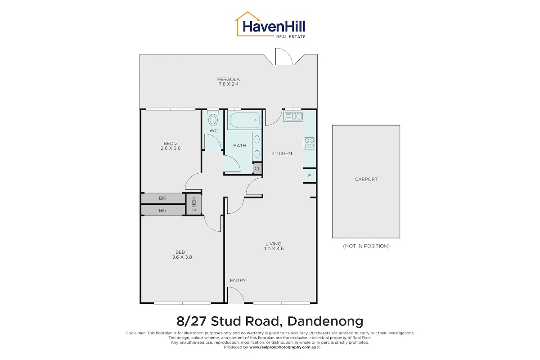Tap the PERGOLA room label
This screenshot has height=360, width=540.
coord(228,79)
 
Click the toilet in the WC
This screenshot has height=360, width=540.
coord(213,119)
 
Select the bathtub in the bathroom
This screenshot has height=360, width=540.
coord(245,120)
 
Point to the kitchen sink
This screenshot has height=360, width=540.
coord(293,116)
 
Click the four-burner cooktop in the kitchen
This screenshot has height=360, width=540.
coord(309,143)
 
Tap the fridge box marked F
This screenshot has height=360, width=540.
coord(309,175)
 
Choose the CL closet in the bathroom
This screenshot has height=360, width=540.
coord(257,169)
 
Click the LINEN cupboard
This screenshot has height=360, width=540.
coord(194,204)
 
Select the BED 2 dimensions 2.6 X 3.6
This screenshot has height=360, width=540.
coord(171,148)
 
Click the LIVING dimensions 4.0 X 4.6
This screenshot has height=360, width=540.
coord(274,248)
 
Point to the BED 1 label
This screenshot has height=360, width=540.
coord(182,252)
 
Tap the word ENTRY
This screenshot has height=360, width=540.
coord(238,280)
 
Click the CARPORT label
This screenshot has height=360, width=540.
coord(366,179)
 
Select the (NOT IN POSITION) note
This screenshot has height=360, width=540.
coord(366,246)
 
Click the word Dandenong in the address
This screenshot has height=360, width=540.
coord(325,321)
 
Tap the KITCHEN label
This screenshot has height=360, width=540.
coord(282,153)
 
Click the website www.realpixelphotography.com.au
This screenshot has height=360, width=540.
coord(283,347)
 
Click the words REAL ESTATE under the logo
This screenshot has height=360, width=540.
coord(291,36)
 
